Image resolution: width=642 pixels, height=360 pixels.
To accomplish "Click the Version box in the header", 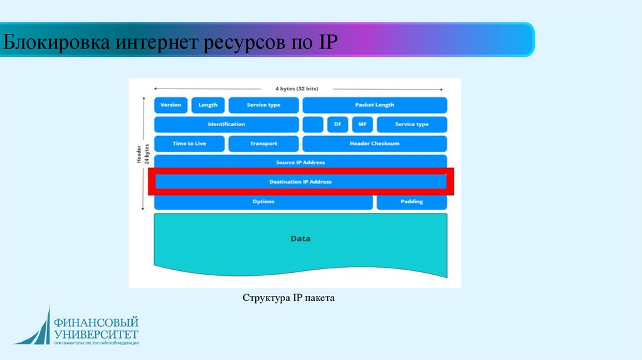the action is coord(171,105).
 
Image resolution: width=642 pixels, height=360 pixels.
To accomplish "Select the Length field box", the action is coord(208,105).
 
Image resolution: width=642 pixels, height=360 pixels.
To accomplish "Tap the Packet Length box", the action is coord(374,105).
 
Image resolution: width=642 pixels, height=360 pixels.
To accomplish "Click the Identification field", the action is coord(226,124).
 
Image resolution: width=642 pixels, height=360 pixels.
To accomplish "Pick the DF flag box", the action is coord(337,124).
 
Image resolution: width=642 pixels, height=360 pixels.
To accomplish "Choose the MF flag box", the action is coord(362,124).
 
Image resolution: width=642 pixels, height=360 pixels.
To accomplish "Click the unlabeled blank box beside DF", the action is coord(313,124).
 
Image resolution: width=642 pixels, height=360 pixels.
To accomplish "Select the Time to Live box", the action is coord(189,144).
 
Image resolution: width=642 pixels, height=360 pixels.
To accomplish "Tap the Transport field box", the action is coord(263,144).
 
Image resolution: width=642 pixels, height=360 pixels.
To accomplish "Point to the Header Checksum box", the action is coord(374,144).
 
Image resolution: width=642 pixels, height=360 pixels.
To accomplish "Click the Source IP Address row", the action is coord(300,162).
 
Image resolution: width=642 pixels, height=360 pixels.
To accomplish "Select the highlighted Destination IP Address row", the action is coord(300,182).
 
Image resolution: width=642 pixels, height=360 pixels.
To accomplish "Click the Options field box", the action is coord(263,202).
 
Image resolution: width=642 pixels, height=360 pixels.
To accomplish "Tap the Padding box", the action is coord(411,202).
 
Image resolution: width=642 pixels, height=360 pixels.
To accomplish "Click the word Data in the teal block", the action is coord(300,239).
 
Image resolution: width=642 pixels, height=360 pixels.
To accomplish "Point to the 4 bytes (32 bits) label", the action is coord(300,88).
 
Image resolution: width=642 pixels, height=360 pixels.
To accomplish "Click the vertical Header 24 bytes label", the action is coord(143,154).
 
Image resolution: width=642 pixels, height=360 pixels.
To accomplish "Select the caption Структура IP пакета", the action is coord(289,298).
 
